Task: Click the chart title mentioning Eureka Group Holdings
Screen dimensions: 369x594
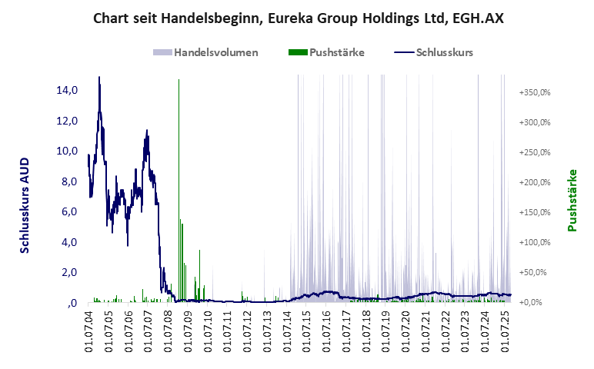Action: click(298, 18)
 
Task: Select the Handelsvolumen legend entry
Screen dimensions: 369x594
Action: click(206, 52)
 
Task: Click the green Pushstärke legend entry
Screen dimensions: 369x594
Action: click(326, 52)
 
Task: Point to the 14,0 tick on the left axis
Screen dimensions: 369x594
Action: click(68, 91)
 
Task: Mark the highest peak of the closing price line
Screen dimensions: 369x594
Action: click(98, 77)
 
